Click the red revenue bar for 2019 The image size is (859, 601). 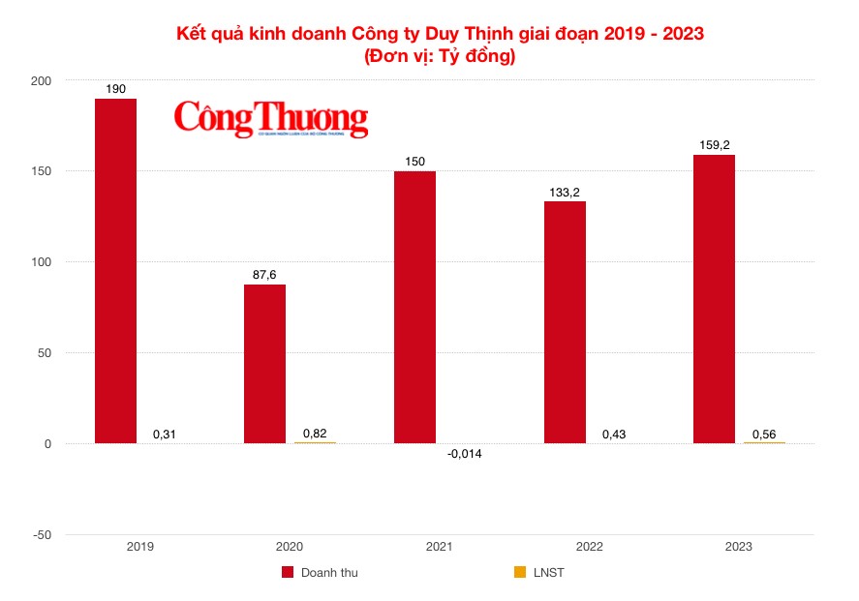point(115,271)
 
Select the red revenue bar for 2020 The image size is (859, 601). point(264,364)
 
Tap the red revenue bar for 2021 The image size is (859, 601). point(414,307)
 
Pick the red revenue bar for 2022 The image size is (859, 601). point(564,322)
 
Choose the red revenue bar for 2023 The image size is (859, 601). point(714,299)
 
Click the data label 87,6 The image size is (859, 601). point(264,275)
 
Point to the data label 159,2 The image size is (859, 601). point(714,145)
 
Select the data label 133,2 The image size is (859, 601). point(564,192)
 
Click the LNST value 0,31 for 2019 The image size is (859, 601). point(166,435)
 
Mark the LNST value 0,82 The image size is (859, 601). point(315,433)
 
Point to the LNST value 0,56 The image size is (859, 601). point(764,433)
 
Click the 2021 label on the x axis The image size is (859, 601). point(439,547)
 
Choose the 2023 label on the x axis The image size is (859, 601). point(738,547)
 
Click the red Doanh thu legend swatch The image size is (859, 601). point(288,573)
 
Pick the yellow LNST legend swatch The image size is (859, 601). point(520,573)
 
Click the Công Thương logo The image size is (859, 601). point(271,119)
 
